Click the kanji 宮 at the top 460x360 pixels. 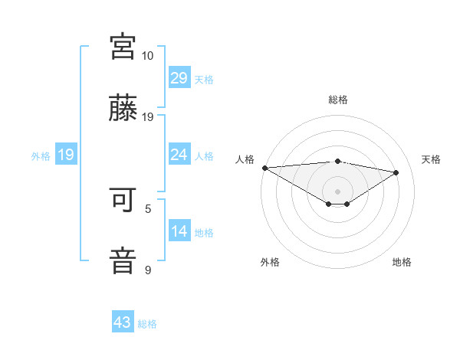pyautogui.click(x=123, y=47)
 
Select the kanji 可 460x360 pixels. pyautogui.click(x=123, y=198)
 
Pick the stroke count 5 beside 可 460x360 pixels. pyautogui.click(x=148, y=208)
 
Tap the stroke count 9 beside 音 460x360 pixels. pyautogui.click(x=148, y=270)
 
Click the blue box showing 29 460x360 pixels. pyautogui.click(x=179, y=78)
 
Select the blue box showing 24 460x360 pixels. pyautogui.click(x=179, y=155)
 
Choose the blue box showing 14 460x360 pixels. pyautogui.click(x=179, y=231)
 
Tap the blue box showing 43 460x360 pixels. pyautogui.click(x=123, y=322)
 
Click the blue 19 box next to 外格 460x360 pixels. pyautogui.click(x=66, y=155)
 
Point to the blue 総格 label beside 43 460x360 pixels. pyautogui.click(x=147, y=324)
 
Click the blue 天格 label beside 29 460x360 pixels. pyautogui.click(x=203, y=80)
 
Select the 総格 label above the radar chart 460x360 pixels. pyautogui.click(x=337, y=100)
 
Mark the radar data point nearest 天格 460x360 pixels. pyautogui.click(x=396, y=172)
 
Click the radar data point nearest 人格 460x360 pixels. pyautogui.click(x=264, y=167)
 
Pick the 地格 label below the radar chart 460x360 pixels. pyautogui.click(x=402, y=262)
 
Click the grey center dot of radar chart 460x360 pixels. pyautogui.click(x=337, y=191)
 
